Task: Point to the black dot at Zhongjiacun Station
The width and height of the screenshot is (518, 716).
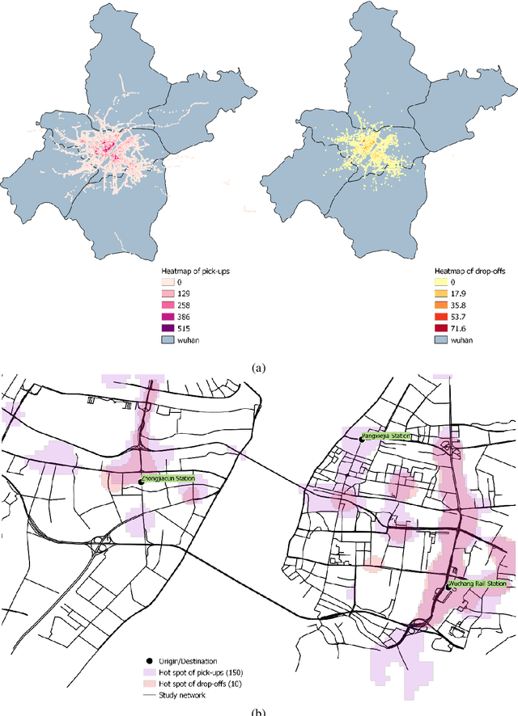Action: pyautogui.click(x=141, y=482)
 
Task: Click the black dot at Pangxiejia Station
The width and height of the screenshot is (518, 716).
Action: pyautogui.click(x=362, y=439)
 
